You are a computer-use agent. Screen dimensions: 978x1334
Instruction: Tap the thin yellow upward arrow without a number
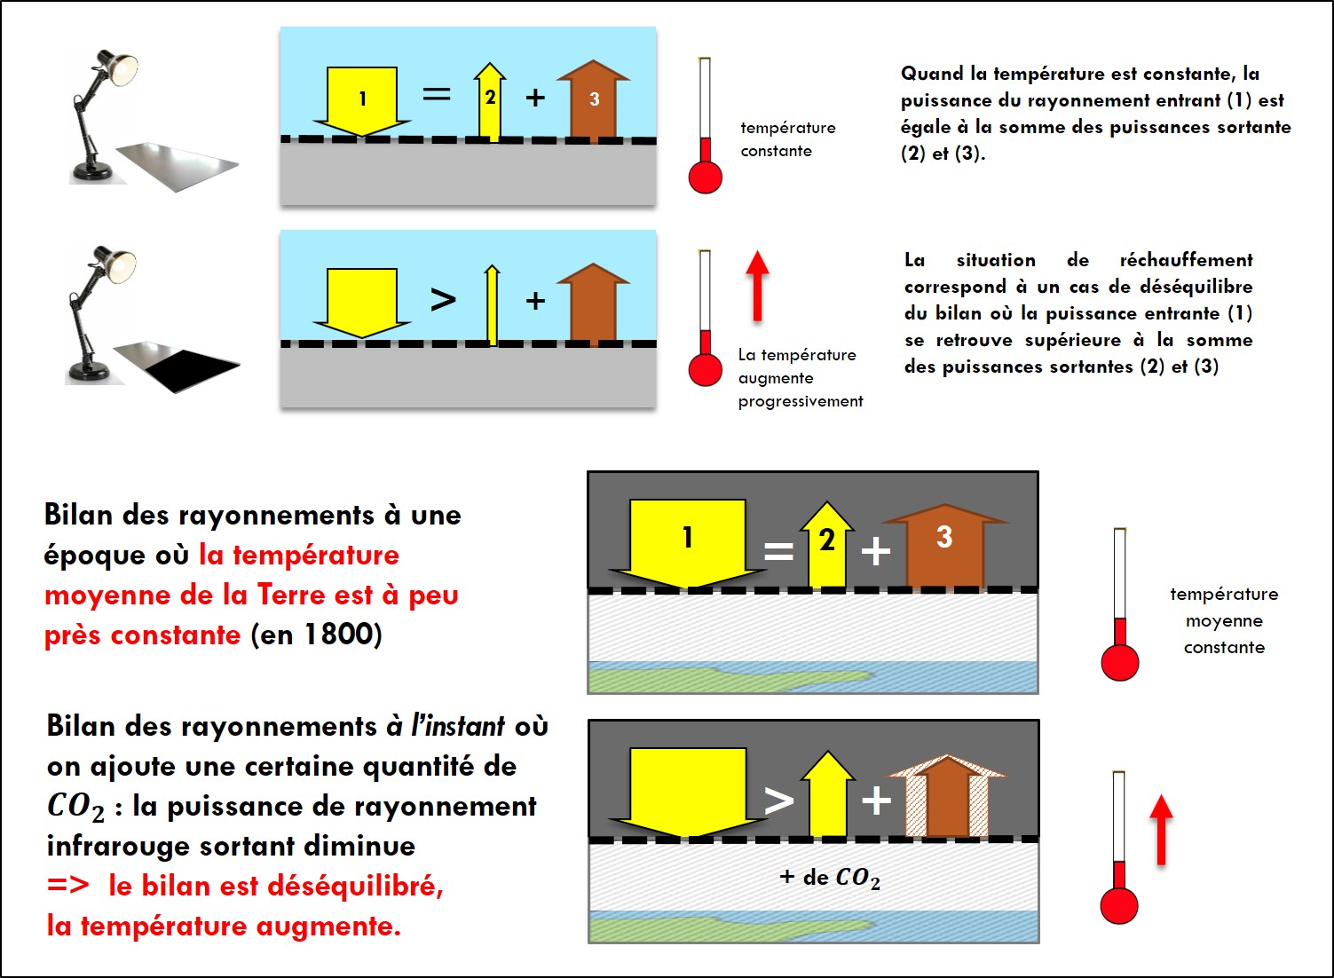click(x=491, y=304)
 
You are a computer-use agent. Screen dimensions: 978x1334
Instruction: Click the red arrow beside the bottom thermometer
click(x=1161, y=829)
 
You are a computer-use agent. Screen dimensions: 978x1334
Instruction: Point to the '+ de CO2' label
click(x=830, y=878)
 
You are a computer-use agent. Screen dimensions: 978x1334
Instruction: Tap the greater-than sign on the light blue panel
click(x=443, y=300)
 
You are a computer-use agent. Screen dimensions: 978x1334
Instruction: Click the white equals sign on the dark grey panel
click(x=778, y=552)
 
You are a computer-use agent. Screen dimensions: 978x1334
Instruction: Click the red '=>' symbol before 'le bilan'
click(x=68, y=886)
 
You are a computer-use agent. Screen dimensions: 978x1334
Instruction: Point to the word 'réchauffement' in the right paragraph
click(x=1186, y=260)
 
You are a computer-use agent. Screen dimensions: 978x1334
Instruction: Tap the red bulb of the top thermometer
click(x=706, y=177)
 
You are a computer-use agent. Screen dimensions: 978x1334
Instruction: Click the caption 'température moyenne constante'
click(x=1224, y=620)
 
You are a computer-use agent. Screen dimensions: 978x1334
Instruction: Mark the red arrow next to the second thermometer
click(x=757, y=285)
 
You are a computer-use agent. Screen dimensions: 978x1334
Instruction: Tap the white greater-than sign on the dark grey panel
click(x=778, y=801)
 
